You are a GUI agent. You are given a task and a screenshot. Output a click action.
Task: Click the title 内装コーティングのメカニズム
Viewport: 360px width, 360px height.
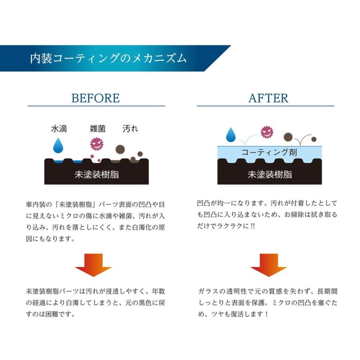click(108, 58)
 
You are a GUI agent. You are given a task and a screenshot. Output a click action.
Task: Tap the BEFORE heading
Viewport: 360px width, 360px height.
click(96, 98)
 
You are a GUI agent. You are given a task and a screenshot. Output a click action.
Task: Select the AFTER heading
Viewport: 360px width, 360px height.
click(268, 98)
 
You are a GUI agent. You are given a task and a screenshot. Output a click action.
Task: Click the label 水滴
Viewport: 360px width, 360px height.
click(59, 129)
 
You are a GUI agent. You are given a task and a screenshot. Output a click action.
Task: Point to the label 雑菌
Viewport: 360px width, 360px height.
click(98, 129)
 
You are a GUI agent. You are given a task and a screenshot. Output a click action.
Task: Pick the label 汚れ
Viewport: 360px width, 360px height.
click(130, 129)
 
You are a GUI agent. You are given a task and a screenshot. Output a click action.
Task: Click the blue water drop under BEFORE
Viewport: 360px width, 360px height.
click(59, 146)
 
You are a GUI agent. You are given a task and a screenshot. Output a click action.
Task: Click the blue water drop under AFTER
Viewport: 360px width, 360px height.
click(231, 135)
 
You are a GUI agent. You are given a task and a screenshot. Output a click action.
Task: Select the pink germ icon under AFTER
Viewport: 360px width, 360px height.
click(266, 132)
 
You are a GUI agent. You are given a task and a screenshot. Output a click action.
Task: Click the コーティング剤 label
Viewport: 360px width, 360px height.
click(269, 152)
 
